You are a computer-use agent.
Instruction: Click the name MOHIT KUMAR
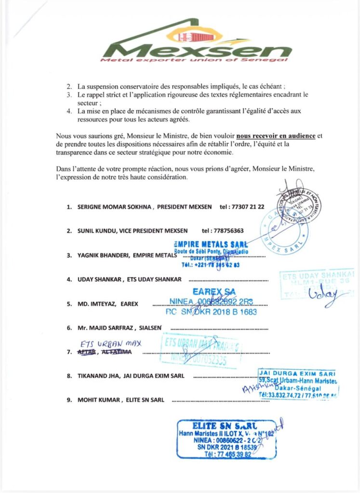99,400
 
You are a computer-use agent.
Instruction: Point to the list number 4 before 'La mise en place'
69,111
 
